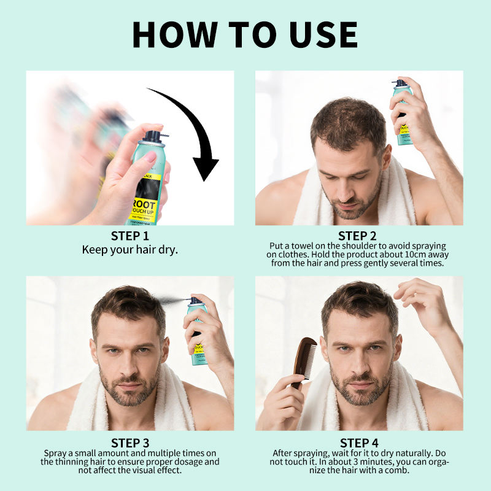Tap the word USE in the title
click(x=323, y=34)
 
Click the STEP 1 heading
click(x=130, y=236)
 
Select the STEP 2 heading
click(x=357, y=236)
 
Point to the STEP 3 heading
click(x=130, y=443)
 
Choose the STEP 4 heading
click(x=359, y=443)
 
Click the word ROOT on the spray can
click(x=144, y=204)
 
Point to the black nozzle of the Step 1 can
click(x=155, y=136)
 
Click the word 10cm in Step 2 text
click(x=412, y=254)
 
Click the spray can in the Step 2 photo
click(x=402, y=113)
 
